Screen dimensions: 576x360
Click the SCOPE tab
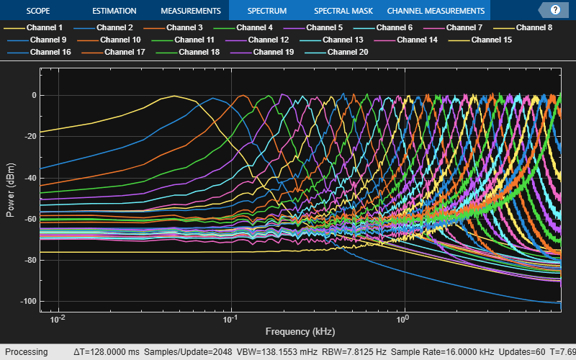coord(38,11)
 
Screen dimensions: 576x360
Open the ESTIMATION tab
coord(114,11)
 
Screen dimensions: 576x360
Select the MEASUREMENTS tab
coord(191,11)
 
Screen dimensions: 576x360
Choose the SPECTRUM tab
coord(266,11)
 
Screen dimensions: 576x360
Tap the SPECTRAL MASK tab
coord(343,11)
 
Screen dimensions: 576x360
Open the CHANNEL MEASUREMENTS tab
coord(436,11)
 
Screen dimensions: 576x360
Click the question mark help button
coord(555,10)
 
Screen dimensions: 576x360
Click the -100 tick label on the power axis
coord(29,301)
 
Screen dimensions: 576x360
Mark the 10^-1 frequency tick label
coord(230,319)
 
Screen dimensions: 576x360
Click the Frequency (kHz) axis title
coord(300,332)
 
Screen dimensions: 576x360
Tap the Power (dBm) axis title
coord(11,190)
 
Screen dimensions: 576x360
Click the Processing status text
coord(27,352)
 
